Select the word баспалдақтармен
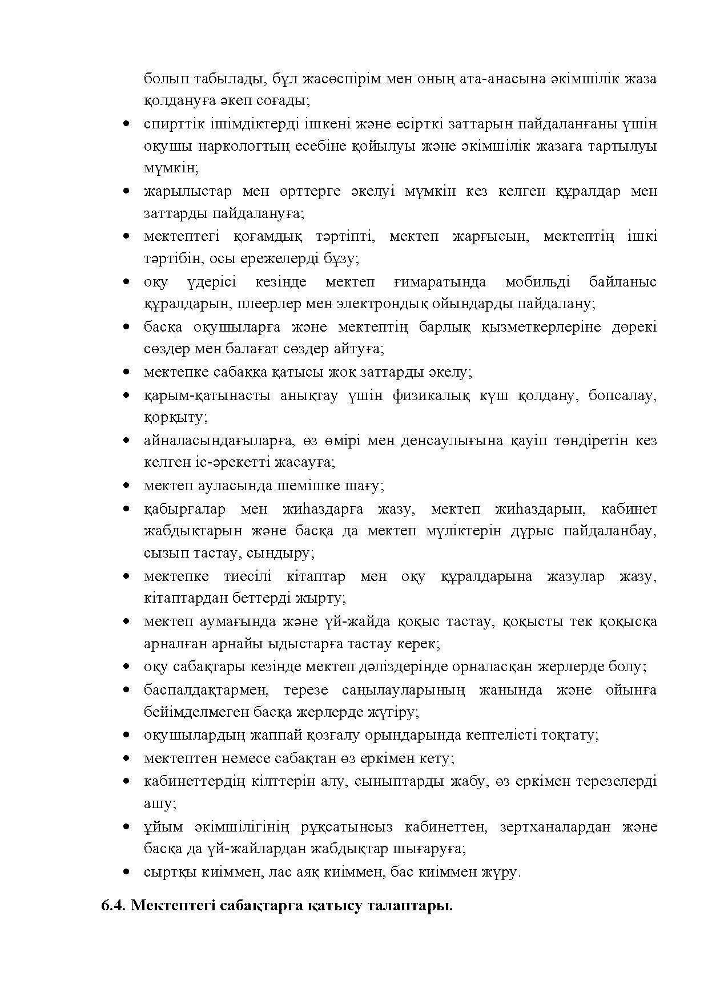click(x=206, y=690)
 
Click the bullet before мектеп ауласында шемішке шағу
click(x=127, y=486)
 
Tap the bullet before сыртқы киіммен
click(x=127, y=872)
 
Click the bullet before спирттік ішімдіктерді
click(x=127, y=124)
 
